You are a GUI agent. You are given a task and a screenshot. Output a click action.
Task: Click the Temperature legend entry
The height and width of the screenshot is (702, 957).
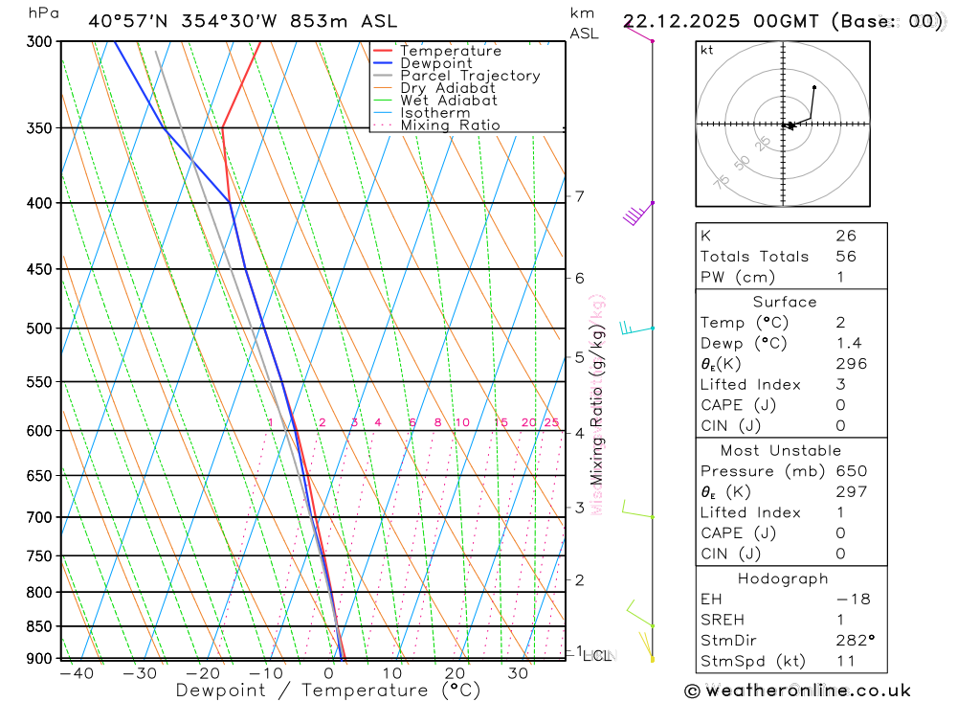click(450, 51)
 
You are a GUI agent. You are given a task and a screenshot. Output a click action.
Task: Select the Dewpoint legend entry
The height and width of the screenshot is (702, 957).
click(435, 63)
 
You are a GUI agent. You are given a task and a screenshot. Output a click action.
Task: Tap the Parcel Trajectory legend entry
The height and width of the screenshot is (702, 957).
click(469, 76)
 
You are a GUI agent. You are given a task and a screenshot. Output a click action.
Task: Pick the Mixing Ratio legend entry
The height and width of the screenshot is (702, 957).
click(450, 125)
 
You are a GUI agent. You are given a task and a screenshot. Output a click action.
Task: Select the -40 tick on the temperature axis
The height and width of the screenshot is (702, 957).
click(76, 673)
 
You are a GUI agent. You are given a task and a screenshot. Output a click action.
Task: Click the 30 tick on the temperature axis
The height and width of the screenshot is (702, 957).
click(518, 673)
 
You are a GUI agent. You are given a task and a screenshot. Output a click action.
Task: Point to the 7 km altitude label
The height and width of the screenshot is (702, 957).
click(579, 196)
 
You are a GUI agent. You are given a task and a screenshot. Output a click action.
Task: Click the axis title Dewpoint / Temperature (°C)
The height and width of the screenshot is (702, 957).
click(327, 691)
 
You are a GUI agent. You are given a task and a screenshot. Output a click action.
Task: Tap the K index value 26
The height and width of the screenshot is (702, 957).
click(845, 236)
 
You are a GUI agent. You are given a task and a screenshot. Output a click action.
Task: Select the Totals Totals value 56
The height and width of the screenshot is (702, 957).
click(845, 257)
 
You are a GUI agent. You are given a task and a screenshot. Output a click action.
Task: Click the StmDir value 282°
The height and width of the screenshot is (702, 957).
click(856, 641)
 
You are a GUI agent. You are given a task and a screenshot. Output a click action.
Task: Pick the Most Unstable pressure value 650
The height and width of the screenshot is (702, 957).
click(851, 471)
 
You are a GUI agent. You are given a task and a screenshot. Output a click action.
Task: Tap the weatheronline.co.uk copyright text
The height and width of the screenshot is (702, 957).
click(797, 691)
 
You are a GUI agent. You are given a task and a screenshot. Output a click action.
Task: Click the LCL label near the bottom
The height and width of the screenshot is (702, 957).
click(596, 656)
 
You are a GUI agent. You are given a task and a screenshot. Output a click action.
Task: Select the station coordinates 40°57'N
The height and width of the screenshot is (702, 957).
click(125, 21)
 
